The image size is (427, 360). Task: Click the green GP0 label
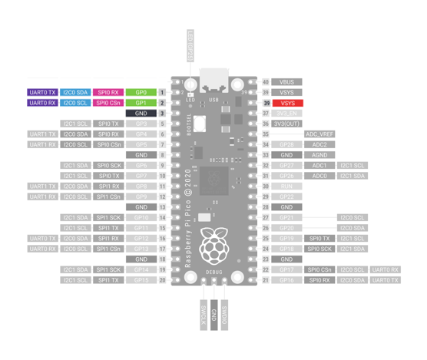pos(141,92)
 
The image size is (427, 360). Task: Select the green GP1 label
pos(141,103)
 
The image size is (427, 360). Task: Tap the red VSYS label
pos(286,103)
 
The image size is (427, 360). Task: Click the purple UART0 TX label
pos(41,92)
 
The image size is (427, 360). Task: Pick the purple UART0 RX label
pos(41,103)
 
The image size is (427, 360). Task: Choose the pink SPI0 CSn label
pos(108,103)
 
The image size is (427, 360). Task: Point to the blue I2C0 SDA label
pos(75,92)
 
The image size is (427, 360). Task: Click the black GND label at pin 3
pos(141,114)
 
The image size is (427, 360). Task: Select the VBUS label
pos(286,81)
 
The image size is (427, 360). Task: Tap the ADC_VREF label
pos(319,134)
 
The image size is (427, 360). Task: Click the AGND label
pos(319,155)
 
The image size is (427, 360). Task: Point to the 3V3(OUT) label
pos(286,124)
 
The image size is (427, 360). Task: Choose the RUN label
pos(286,187)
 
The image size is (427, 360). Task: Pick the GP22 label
pos(286,197)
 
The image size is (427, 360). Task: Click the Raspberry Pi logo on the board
pos(213,246)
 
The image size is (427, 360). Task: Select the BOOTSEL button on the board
pos(199,123)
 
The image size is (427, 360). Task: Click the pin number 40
pos(266,81)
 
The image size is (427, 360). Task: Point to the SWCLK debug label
pos(203,315)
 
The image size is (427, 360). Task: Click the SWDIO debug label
pos(224,315)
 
